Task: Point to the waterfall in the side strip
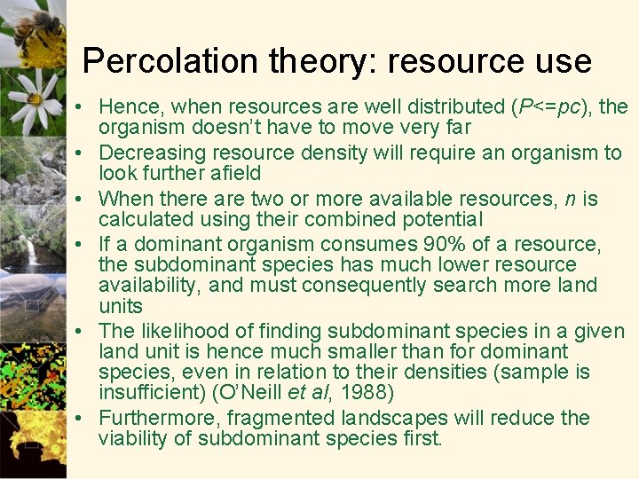pyautogui.click(x=31, y=253)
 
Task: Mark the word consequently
pyautogui.click(x=362, y=285)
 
